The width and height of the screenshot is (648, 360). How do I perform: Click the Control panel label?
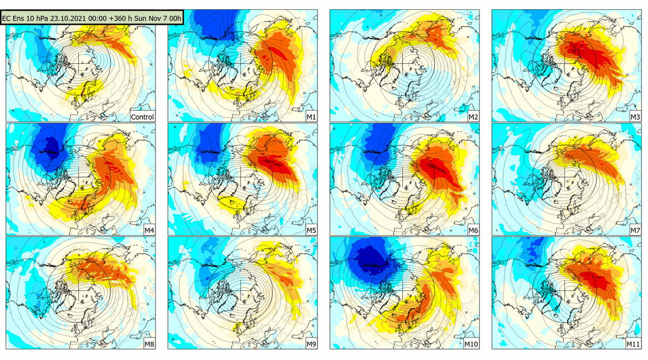click(143, 117)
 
